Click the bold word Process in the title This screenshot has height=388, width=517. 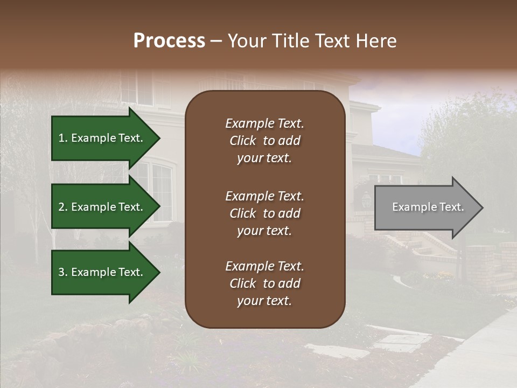[169, 41]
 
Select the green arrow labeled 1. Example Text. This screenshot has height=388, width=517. [102, 138]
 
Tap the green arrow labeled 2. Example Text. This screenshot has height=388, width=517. [102, 207]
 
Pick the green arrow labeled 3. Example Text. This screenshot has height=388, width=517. [102, 272]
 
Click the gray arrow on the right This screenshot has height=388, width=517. [425, 207]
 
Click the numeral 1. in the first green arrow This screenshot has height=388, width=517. [63, 138]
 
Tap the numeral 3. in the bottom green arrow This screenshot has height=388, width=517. [63, 272]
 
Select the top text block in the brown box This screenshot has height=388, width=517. [264, 141]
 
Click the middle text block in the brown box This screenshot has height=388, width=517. [264, 213]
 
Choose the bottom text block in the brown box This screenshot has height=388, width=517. [264, 283]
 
